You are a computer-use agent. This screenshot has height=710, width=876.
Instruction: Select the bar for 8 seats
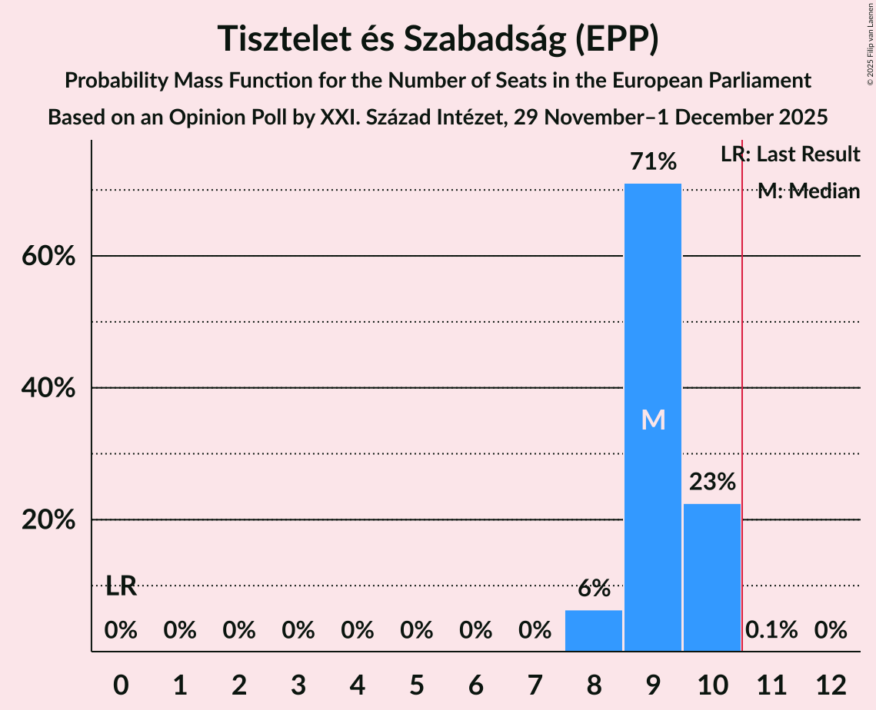click(x=594, y=631)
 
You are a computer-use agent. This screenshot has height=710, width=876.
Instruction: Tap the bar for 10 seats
click(x=712, y=577)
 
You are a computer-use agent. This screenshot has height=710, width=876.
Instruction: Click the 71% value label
click(x=652, y=162)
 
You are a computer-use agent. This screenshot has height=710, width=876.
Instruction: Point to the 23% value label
click(x=712, y=482)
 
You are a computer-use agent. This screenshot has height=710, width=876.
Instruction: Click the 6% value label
click(x=594, y=589)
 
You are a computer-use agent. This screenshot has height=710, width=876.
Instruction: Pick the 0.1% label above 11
click(x=771, y=630)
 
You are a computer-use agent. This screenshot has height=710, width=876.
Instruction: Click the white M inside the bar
click(x=653, y=420)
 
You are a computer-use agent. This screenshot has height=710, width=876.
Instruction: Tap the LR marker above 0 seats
click(x=121, y=587)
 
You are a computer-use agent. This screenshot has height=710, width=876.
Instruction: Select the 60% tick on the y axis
click(x=48, y=256)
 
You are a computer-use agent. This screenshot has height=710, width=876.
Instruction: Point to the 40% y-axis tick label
click(x=48, y=388)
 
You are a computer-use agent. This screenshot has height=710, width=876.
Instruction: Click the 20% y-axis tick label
click(x=48, y=520)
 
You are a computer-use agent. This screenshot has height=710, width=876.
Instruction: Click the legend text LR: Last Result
click(x=790, y=154)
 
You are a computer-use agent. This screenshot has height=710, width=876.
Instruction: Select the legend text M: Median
click(x=808, y=191)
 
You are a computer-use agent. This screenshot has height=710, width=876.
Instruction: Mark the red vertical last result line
click(x=742, y=384)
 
